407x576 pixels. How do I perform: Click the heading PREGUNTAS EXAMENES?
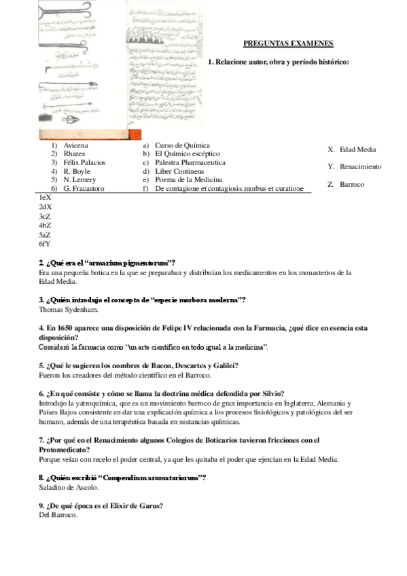coord(288,43)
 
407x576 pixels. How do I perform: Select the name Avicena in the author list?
coord(75,145)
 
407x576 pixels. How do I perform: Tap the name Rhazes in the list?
coord(74,154)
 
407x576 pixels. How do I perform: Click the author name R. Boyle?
coord(77,171)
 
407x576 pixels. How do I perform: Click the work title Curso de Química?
coord(182,145)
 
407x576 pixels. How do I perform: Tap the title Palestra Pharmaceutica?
coord(190,162)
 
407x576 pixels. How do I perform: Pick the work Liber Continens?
coord(179,171)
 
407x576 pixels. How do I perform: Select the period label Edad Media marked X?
coord(357,149)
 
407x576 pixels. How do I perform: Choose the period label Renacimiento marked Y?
coord(360,166)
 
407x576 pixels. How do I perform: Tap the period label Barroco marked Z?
coord(352,184)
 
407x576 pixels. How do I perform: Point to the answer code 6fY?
coord(46,243)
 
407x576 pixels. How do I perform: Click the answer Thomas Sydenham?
coord(69,310)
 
